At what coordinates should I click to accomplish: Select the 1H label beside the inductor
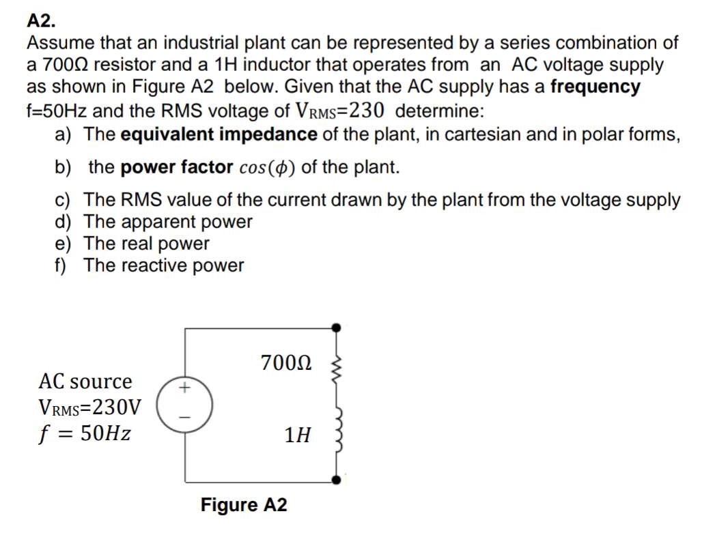pyautogui.click(x=298, y=434)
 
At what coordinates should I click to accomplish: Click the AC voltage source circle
pyautogui.click(x=184, y=402)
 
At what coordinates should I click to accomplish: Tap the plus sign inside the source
pyautogui.click(x=183, y=388)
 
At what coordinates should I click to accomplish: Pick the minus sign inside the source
pyautogui.click(x=183, y=416)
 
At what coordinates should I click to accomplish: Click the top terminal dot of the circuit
pyautogui.click(x=335, y=328)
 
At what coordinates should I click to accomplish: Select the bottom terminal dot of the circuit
pyautogui.click(x=335, y=480)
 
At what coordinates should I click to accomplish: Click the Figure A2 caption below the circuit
pyautogui.click(x=244, y=505)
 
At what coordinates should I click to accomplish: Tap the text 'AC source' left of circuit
pyautogui.click(x=85, y=381)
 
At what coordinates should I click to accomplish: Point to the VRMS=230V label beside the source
pyautogui.click(x=90, y=407)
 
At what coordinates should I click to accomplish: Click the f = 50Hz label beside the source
pyautogui.click(x=85, y=433)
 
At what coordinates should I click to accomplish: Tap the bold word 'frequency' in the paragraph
pyautogui.click(x=596, y=87)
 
